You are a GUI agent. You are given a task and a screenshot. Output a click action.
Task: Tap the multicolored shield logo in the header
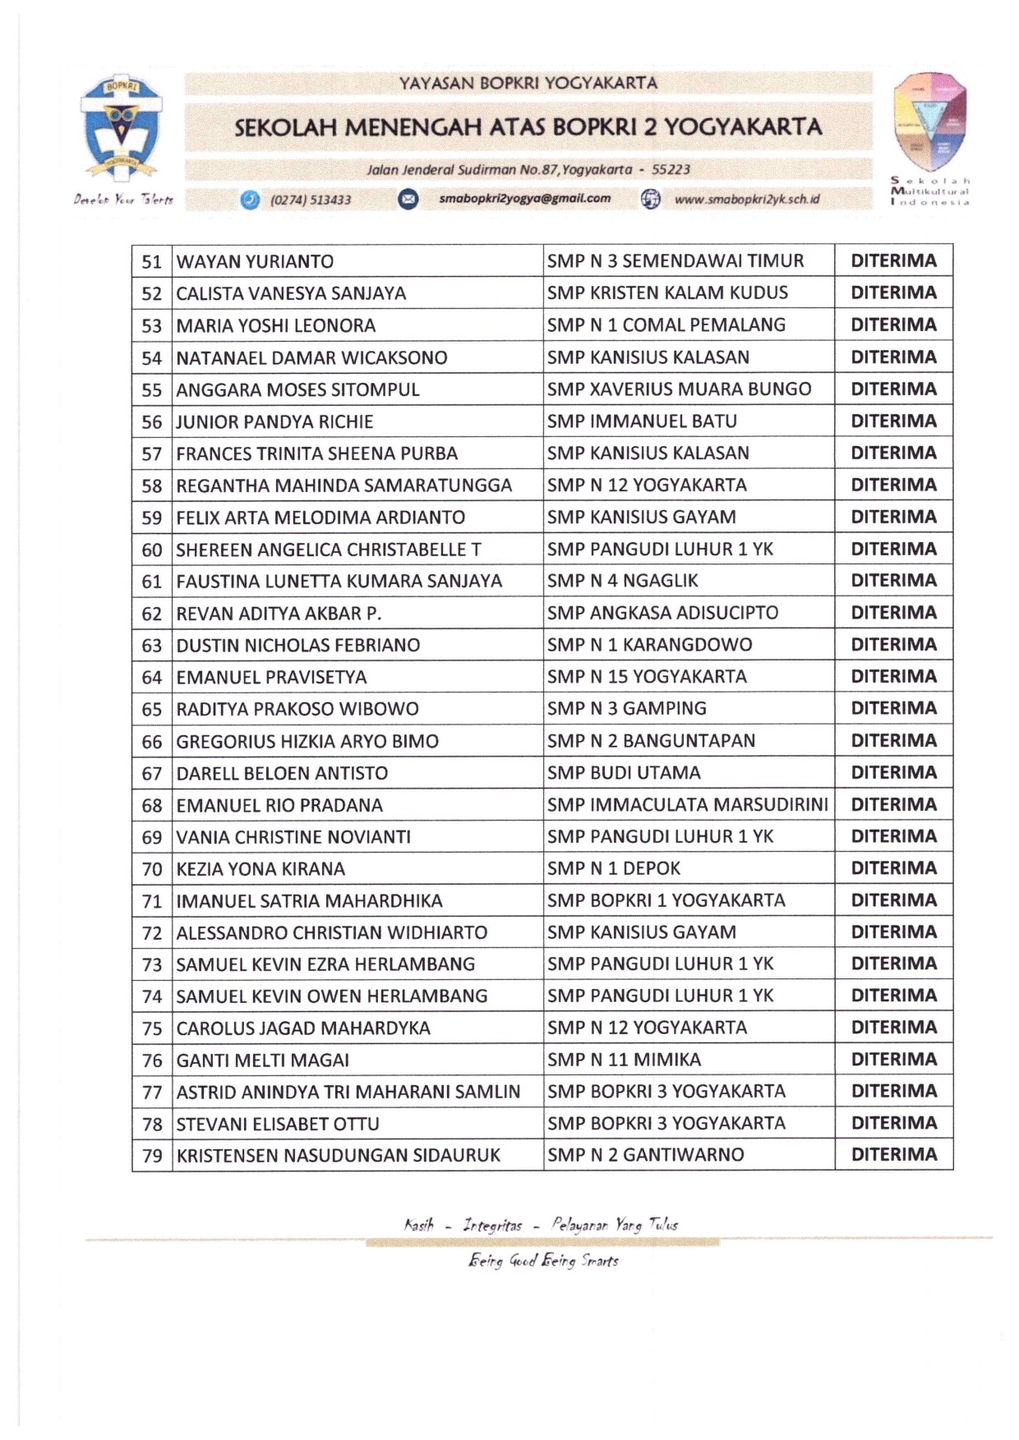930,122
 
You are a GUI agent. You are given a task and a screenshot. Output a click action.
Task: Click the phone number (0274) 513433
311,200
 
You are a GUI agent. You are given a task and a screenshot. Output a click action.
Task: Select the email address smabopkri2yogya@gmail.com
525,199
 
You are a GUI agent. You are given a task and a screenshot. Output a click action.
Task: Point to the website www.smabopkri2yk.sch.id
746,200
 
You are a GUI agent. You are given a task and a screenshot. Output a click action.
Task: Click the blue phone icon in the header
250,200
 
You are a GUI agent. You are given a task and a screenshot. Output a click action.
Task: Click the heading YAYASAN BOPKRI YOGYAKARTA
528,83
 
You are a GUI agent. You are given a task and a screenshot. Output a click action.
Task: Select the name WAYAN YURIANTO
255,262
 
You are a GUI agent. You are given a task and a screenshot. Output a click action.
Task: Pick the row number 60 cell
152,550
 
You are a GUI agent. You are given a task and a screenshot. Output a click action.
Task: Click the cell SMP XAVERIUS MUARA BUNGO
679,389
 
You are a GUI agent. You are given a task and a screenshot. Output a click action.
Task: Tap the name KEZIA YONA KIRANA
261,869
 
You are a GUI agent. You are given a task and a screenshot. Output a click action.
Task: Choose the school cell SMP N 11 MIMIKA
624,1060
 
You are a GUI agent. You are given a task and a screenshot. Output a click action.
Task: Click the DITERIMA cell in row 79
893,1155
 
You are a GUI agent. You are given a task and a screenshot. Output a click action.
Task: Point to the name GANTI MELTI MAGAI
263,1060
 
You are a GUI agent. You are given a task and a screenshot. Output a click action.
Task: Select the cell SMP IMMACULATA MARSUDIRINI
687,805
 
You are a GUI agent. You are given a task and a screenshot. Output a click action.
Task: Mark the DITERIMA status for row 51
893,261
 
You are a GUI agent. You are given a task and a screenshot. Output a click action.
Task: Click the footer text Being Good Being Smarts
543,1261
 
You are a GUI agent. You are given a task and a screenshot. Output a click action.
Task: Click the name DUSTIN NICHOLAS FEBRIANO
298,646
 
